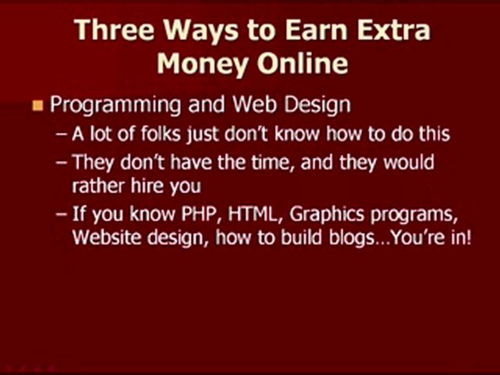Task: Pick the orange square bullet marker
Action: click(x=37, y=105)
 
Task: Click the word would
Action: click(x=409, y=162)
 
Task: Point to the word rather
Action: click(x=98, y=186)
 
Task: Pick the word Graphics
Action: click(x=327, y=215)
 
